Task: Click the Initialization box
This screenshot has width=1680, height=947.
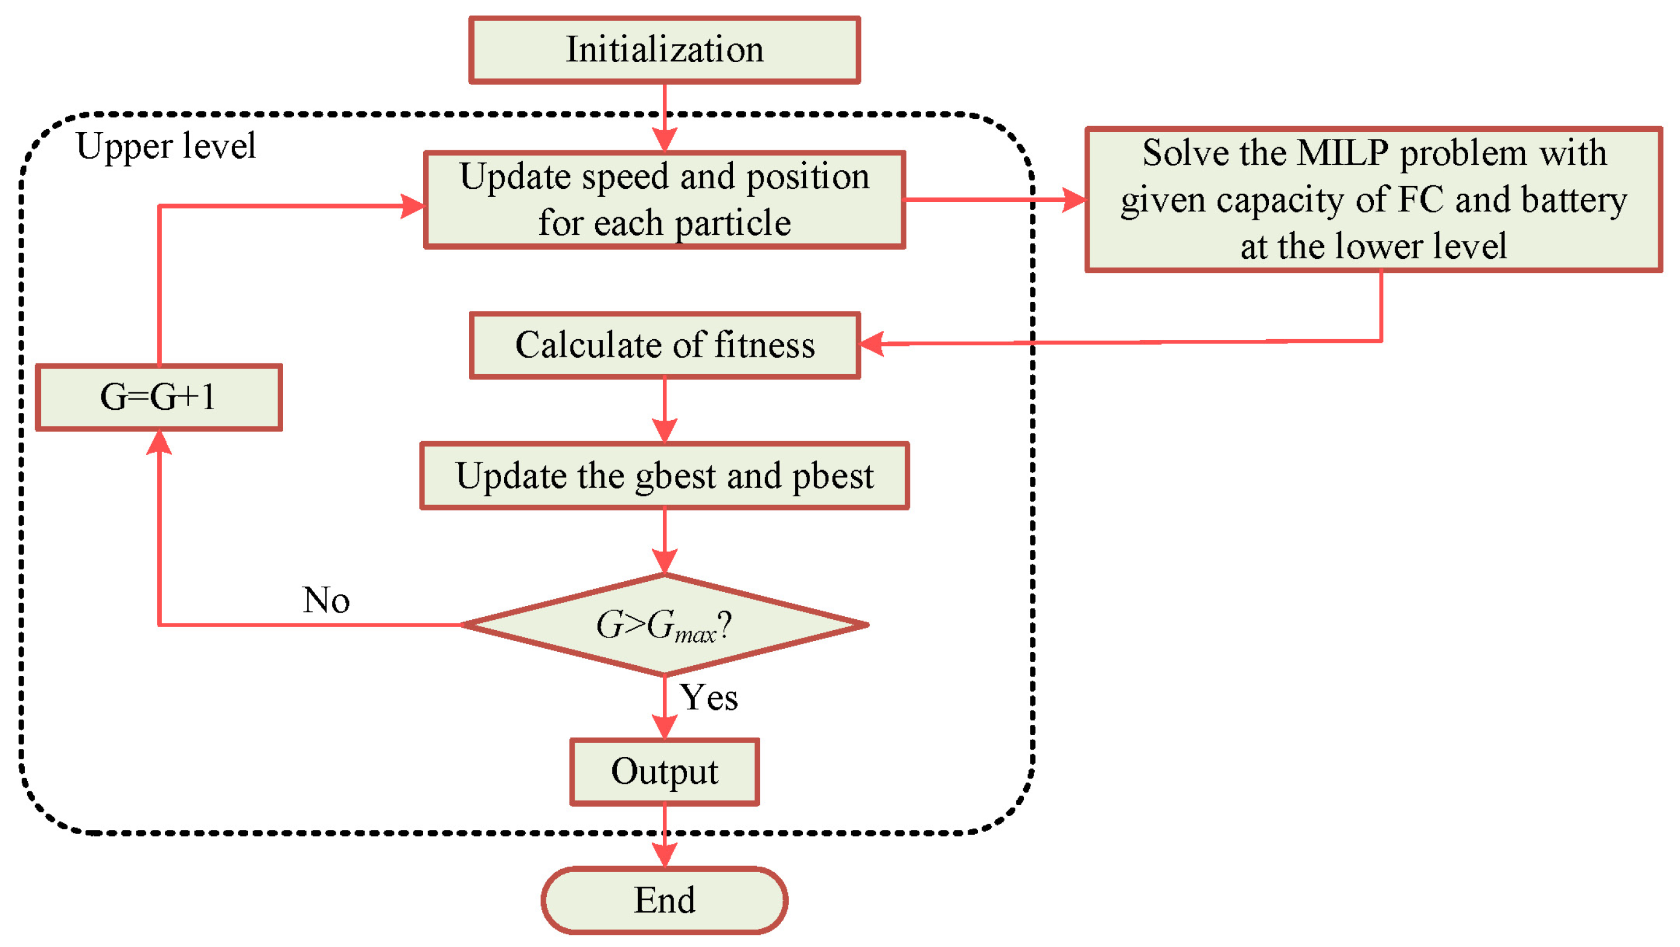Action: point(664,50)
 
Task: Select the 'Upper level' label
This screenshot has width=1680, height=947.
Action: point(165,146)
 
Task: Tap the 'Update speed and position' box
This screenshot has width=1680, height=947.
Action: point(664,200)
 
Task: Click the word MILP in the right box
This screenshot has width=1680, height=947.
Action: point(1342,153)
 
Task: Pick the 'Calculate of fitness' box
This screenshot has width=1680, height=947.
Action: point(664,345)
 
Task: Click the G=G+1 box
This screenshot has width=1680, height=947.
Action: point(159,397)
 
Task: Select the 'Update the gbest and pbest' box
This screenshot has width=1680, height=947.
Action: point(664,476)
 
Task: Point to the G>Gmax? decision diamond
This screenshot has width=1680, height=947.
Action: point(664,625)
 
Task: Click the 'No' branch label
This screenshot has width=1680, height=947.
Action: point(326,599)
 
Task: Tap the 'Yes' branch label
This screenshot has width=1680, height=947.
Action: point(708,697)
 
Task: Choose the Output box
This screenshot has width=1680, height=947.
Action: point(664,771)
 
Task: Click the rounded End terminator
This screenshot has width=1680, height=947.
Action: point(664,900)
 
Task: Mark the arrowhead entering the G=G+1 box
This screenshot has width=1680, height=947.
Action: point(159,443)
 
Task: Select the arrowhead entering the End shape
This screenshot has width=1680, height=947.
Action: point(664,855)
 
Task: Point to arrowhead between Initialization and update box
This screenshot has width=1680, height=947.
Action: point(664,139)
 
